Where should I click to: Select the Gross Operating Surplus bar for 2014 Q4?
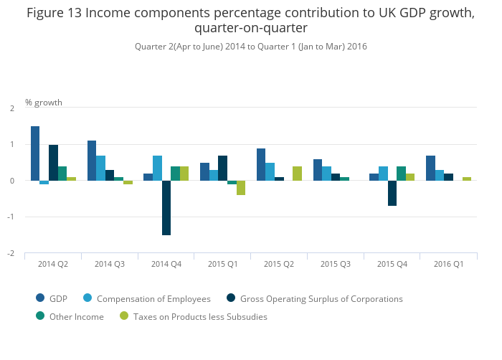click(x=166, y=208)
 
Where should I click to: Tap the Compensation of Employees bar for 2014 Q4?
click(x=157, y=168)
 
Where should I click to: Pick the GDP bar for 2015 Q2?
click(x=261, y=164)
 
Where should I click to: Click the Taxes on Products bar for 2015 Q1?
click(x=241, y=188)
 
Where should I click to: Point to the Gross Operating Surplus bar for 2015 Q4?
click(x=392, y=194)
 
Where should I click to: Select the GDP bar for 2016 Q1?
click(x=430, y=168)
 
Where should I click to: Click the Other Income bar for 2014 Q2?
click(x=62, y=174)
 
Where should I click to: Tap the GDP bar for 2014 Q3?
click(x=92, y=161)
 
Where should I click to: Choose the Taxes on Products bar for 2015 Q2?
click(x=297, y=174)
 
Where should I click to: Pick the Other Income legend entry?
click(x=76, y=317)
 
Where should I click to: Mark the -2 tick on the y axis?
click(x=11, y=254)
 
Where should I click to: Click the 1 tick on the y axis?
click(x=13, y=145)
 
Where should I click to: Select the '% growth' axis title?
click(x=44, y=103)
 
